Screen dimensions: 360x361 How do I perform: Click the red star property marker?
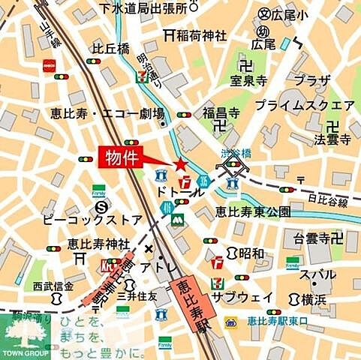click(x=180, y=164)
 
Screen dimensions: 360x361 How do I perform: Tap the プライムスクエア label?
click(x=305, y=104)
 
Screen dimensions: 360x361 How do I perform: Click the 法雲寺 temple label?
click(x=332, y=139)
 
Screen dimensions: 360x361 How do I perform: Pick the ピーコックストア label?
click(x=93, y=220)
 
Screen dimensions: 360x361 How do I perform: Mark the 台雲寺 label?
click(x=311, y=239)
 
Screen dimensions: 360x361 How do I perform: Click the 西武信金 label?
click(x=53, y=286)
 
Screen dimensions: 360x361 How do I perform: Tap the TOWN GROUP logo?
click(x=26, y=336)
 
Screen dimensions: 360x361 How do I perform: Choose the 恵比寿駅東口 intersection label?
click(x=278, y=321)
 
